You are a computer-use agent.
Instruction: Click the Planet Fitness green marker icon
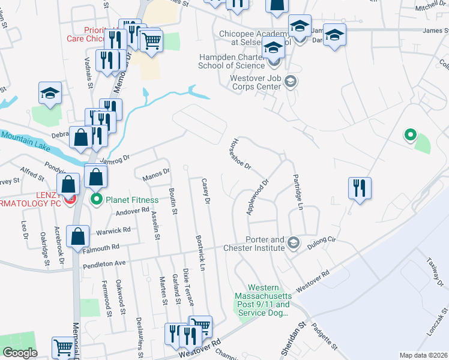pyautogui.click(x=96, y=200)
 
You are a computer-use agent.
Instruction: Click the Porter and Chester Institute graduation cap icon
pyautogui.click(x=293, y=242)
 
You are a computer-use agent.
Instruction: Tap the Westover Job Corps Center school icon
pyautogui.click(x=291, y=81)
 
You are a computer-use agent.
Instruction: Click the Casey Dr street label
pyautogui.click(x=206, y=193)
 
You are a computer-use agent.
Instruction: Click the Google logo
pyautogui.click(x=20, y=353)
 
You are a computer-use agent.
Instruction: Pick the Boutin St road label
pyautogui.click(x=173, y=202)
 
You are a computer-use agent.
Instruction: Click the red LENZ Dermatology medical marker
pyautogui.click(x=70, y=197)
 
